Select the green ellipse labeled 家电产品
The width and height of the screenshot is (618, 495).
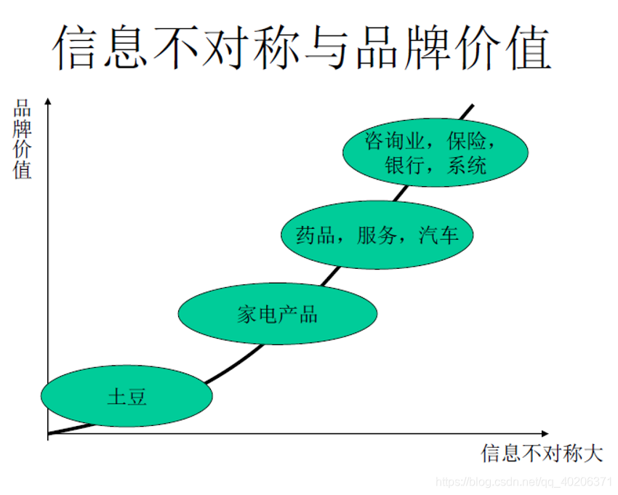[278, 313]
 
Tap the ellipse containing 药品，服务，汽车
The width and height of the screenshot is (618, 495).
[377, 235]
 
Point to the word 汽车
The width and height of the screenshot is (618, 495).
[439, 236]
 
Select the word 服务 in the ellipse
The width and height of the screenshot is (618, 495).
[377, 236]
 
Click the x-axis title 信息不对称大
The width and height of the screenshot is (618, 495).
[542, 454]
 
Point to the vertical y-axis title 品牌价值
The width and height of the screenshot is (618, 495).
[23, 140]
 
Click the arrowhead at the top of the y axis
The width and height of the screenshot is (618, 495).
[48, 101]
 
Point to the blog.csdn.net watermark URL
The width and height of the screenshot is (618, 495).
[523, 482]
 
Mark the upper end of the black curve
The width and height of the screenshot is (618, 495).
[473, 105]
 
